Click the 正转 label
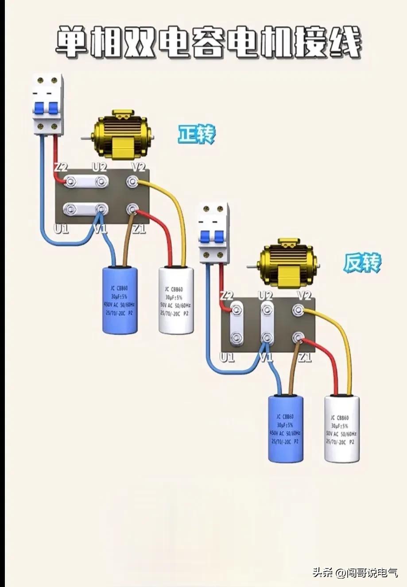point(196,134)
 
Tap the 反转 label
point(362,263)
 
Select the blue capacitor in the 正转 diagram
point(120,300)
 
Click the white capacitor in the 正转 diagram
point(176,300)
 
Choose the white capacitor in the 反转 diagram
point(341,429)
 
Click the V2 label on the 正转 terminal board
point(139,167)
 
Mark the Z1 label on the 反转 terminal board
point(305,357)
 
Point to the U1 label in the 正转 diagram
point(61,229)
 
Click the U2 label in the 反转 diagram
point(266,295)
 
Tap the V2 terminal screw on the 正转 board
point(132,182)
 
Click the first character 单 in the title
point(72,42)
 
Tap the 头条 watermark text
point(322,572)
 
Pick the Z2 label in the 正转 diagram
point(61,167)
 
